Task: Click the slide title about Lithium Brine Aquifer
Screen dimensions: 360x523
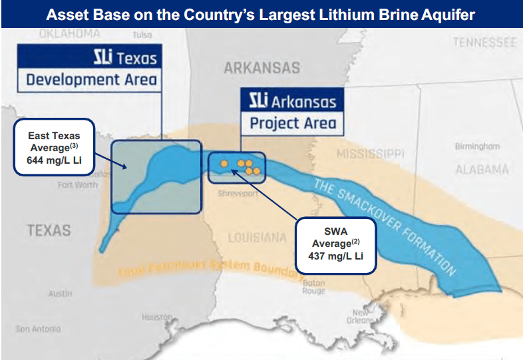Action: tap(261, 14)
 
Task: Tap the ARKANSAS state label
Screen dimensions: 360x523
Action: tap(261, 68)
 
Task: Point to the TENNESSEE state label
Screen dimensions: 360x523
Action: tap(484, 43)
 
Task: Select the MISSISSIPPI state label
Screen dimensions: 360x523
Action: tap(371, 154)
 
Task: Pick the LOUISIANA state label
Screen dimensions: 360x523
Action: tap(256, 238)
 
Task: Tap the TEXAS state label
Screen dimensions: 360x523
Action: tap(49, 230)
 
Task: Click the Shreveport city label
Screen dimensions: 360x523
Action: tap(237, 194)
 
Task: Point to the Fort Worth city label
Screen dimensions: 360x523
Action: tap(77, 185)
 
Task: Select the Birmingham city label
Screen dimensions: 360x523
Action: tap(477, 146)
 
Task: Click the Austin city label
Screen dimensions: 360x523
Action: tap(61, 293)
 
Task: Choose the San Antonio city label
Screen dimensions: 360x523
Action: tap(38, 329)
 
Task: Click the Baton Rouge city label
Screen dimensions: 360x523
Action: tap(313, 286)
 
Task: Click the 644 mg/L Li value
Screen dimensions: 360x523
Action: tap(54, 160)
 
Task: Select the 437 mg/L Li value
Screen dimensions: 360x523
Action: tap(335, 255)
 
